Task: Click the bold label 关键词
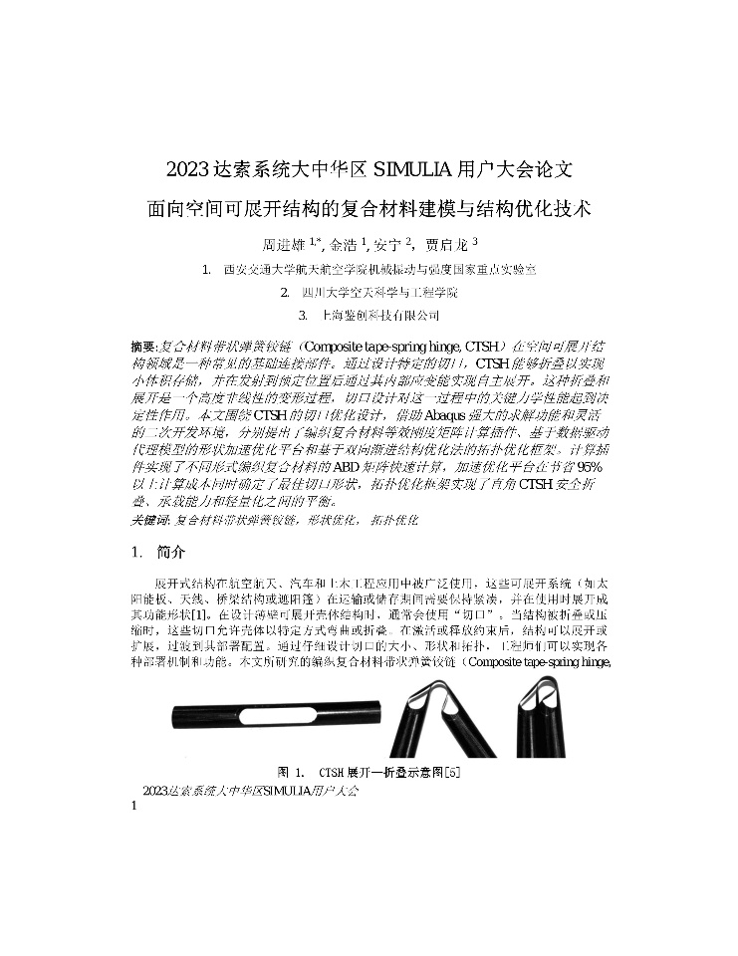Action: coord(150,521)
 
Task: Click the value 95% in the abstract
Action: coord(592,468)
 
